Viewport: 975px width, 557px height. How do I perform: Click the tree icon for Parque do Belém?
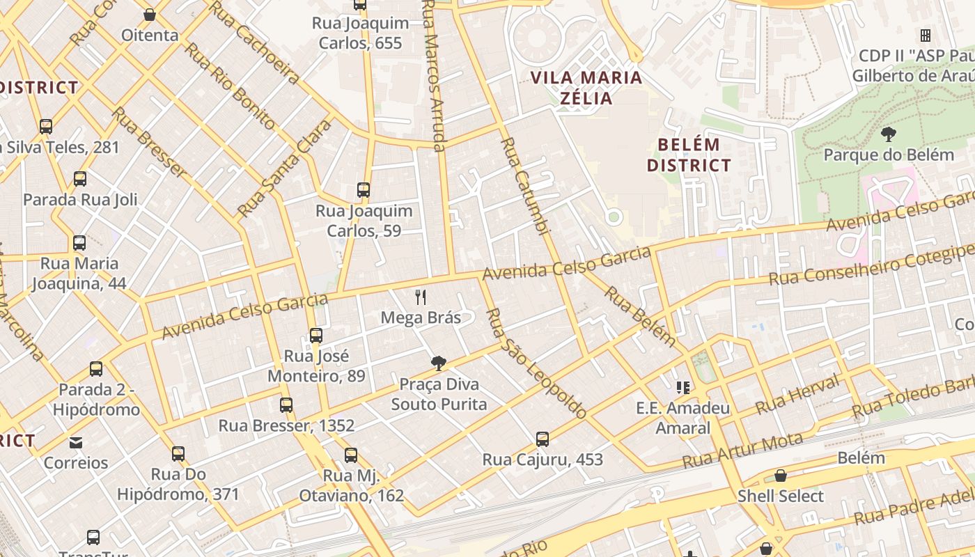[x=888, y=134]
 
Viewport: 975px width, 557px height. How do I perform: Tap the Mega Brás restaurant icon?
[x=421, y=297]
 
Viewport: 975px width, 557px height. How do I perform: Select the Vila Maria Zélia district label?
[x=587, y=87]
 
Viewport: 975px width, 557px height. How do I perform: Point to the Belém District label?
[x=689, y=155]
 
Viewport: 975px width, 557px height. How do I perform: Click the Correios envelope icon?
[x=76, y=442]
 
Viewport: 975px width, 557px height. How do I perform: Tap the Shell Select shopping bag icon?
[x=781, y=476]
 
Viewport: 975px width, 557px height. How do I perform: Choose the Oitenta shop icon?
[x=150, y=14]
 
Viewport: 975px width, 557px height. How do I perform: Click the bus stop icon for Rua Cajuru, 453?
[x=543, y=439]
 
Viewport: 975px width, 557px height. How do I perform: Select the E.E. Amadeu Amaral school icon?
[x=682, y=387]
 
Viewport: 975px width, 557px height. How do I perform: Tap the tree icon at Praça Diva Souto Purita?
[x=439, y=363]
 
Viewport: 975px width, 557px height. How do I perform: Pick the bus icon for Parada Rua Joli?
[x=80, y=179]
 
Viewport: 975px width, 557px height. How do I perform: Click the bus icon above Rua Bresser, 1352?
[x=286, y=405]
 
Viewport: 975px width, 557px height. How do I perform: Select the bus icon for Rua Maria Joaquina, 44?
[x=79, y=243]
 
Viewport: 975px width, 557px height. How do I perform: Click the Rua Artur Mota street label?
[x=742, y=450]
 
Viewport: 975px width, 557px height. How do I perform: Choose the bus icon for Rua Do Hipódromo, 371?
[x=178, y=454]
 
